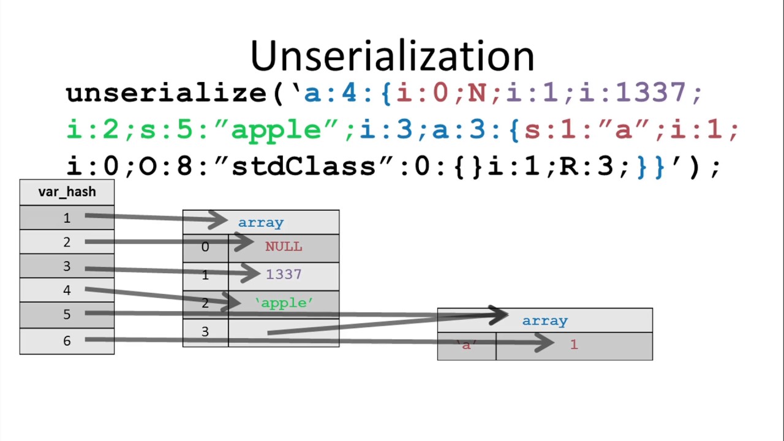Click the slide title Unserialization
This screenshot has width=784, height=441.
pos(393,56)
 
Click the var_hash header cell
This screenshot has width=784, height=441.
pos(67,192)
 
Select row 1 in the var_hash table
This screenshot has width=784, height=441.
pos(67,217)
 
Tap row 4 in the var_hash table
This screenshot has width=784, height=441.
pos(67,290)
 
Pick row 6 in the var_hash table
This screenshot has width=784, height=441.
pos(67,341)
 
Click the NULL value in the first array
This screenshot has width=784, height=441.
pos(284,247)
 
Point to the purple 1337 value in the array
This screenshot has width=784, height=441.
pos(284,274)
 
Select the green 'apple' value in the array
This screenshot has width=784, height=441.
pos(284,303)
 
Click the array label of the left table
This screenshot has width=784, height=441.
pos(261,222)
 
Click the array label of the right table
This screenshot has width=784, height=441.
pos(545,321)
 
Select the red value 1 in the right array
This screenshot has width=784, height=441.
pos(574,345)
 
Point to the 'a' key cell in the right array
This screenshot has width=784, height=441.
pos(467,346)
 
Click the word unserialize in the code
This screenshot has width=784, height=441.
pos(167,94)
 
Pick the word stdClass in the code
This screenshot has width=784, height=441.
pos(304,165)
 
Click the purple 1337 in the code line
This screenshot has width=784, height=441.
pos(650,92)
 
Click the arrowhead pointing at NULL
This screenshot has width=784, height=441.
pos(244,241)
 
